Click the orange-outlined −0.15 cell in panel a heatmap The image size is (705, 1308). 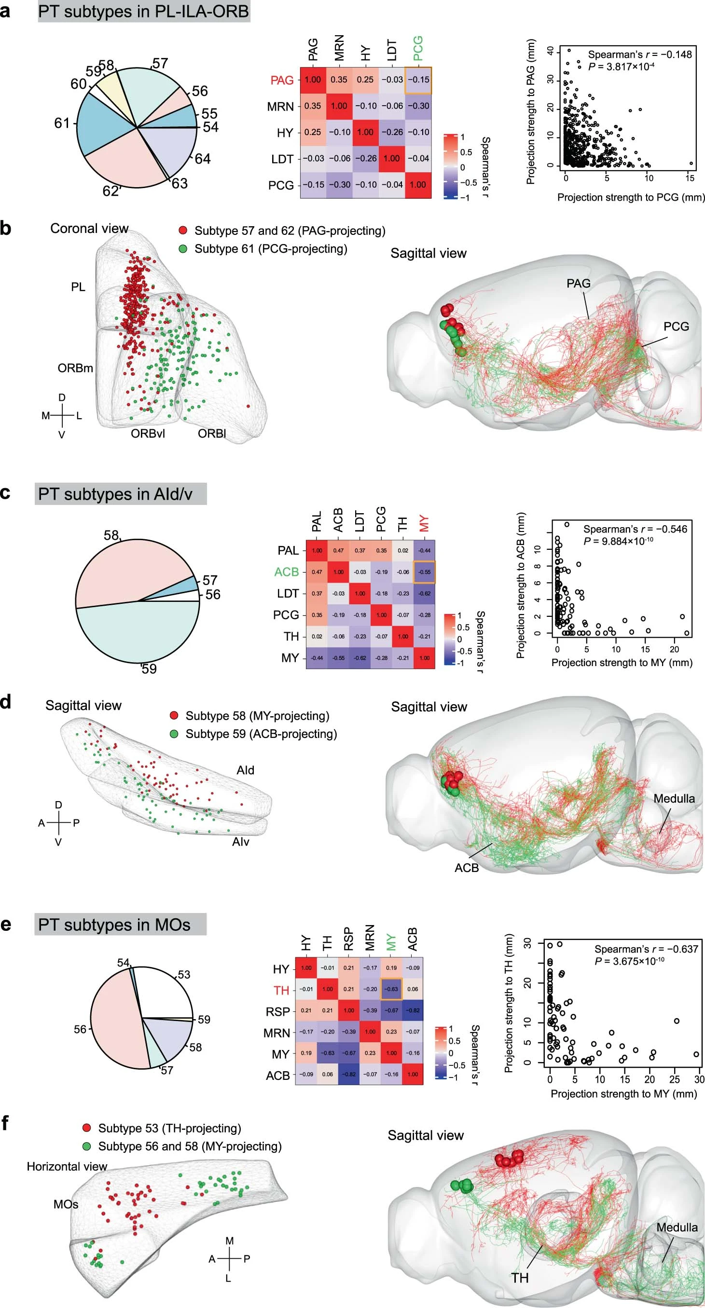point(417,80)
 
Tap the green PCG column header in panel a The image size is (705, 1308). point(417,49)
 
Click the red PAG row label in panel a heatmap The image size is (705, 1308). point(282,80)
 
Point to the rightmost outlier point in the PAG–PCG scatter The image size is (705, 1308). point(691,163)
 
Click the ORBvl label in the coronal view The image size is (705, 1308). point(148,434)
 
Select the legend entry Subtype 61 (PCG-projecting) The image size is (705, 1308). point(270,249)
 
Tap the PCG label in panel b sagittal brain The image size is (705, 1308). point(676,327)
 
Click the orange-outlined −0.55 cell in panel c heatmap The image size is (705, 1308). point(424,572)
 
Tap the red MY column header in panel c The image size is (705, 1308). point(424,523)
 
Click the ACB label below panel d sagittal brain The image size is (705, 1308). point(466,867)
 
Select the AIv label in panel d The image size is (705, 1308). point(240,842)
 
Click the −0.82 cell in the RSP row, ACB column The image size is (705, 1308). point(413,1011)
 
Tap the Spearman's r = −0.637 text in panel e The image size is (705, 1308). point(646,949)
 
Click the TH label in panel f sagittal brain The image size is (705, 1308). point(520,1278)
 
